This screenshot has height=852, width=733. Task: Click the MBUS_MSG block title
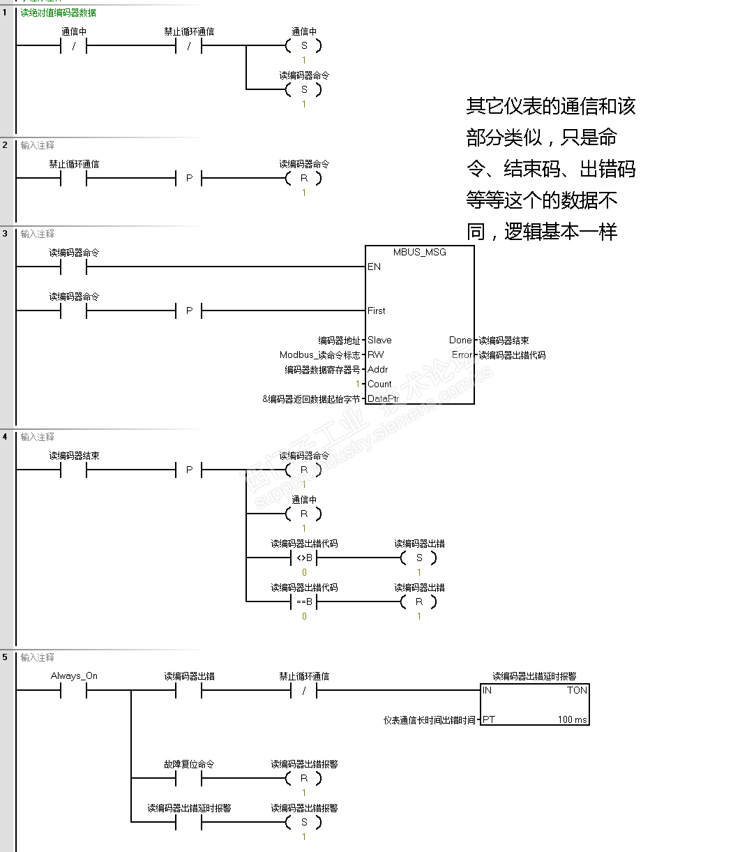coord(419,252)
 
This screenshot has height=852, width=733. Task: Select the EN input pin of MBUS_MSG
coord(375,267)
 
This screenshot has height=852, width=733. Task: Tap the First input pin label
coord(377,311)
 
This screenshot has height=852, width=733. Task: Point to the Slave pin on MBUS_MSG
coord(379,340)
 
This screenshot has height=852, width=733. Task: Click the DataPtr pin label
coord(383,398)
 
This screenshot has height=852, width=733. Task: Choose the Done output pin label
coord(460,340)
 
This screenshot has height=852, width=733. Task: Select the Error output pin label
coord(462,354)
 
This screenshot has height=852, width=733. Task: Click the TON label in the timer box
coord(577,690)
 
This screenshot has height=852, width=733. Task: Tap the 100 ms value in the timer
coord(572,719)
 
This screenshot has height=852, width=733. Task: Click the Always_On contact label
coord(74,675)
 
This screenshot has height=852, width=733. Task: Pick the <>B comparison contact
coord(304,558)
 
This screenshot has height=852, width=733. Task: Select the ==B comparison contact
coord(304,601)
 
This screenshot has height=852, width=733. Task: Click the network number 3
coord(5,233)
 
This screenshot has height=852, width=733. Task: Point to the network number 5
coord(5,657)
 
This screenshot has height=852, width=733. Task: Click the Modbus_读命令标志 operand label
coord(320,354)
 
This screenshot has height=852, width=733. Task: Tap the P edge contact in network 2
coord(189,179)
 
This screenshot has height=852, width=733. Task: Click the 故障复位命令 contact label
coord(189,764)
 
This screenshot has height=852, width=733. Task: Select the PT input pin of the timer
coord(489,719)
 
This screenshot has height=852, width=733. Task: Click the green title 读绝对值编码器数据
coord(59,13)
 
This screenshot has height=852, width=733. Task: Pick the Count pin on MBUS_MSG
coord(379,384)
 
